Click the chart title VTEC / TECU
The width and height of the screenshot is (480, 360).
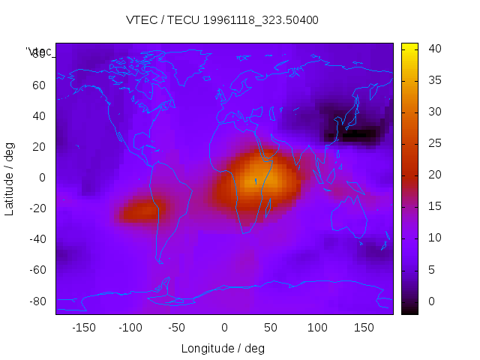221,20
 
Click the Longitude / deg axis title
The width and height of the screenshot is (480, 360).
223,348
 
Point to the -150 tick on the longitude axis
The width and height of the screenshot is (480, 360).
83,328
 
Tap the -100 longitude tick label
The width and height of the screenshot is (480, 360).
130,328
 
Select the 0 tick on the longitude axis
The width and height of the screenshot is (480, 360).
224,328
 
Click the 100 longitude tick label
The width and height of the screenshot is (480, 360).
317,328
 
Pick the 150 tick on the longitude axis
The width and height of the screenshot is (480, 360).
364,328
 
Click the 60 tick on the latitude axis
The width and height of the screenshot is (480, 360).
39,85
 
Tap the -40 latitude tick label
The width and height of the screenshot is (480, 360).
37,239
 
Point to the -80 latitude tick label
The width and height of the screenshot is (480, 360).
37,301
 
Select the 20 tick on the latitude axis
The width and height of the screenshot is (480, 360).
39,146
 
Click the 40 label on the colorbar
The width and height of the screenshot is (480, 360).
433,49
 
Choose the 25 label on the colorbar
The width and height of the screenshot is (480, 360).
433,143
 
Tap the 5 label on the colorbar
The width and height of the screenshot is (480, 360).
431,269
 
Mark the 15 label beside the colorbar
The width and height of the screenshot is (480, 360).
433,206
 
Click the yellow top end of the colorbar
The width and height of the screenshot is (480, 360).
409,47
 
